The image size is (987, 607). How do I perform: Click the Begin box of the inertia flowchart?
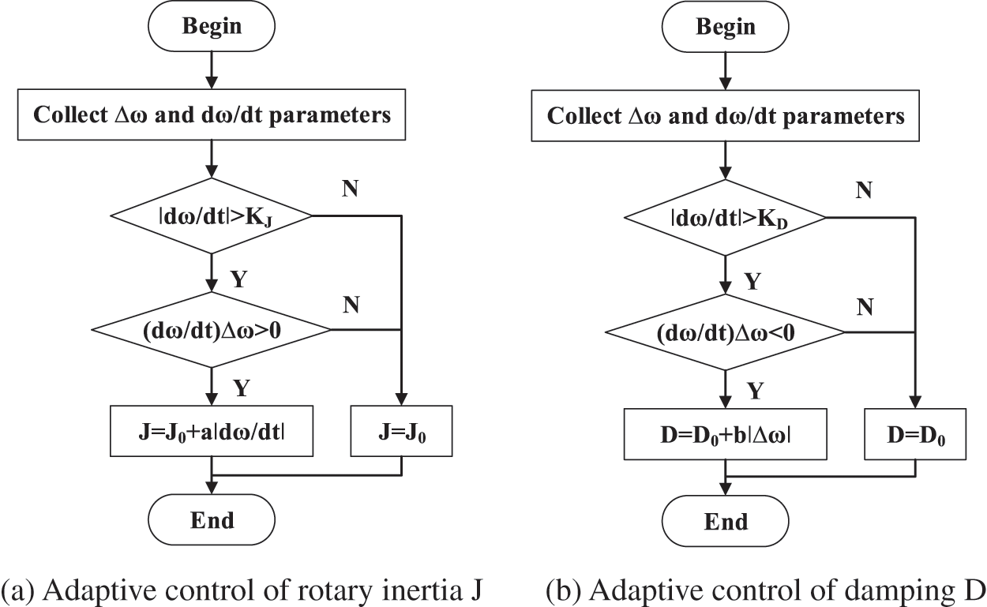tap(212, 26)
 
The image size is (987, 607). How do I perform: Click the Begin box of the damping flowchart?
tap(725, 26)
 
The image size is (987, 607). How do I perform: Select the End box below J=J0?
tap(212, 520)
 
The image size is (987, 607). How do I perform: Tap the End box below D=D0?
tap(725, 522)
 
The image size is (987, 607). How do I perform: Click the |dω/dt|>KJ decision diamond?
tap(212, 214)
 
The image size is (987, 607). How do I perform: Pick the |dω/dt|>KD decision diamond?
tap(725, 216)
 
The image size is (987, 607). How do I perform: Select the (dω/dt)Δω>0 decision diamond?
tap(212, 329)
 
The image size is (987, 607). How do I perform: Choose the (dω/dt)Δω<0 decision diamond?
tap(725, 332)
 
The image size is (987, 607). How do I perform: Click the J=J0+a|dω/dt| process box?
tap(212, 431)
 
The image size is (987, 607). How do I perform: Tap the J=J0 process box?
tap(401, 431)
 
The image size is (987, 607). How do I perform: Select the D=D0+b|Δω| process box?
tap(725, 433)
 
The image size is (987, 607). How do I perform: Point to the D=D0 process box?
tap(915, 433)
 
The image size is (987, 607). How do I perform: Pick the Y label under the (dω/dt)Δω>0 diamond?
tap(242, 387)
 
